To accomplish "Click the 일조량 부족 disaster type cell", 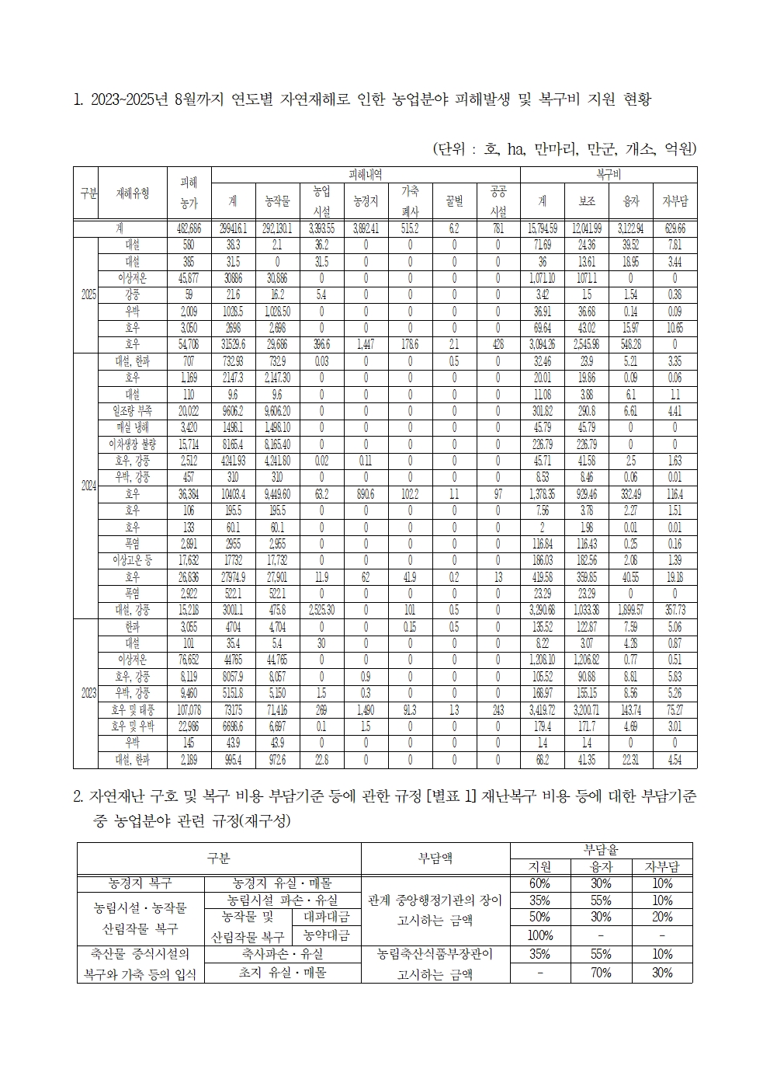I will point(133,410).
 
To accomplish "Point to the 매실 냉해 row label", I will point(133,427).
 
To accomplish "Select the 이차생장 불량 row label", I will point(133,444).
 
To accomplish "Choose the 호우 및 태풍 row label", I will point(133,710).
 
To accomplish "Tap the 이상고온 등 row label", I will point(133,560).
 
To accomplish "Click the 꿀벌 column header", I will point(454,201).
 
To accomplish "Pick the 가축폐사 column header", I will point(410,201).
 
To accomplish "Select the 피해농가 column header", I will point(189,193).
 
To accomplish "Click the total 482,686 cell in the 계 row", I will point(189,229).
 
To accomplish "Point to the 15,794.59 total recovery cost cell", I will point(543,229).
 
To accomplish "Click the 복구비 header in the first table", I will point(608,175).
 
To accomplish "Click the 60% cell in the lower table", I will point(540,884).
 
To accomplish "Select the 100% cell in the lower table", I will point(540,935).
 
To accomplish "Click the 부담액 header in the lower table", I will point(435,858).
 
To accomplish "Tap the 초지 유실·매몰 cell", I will point(283,973).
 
